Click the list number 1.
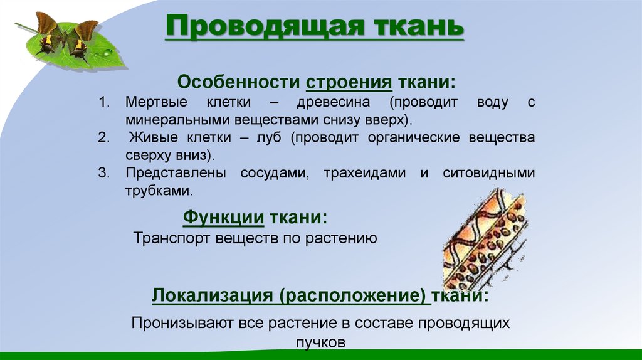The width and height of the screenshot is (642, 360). pyautogui.click(x=104, y=102)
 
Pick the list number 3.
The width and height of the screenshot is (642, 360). pyautogui.click(x=104, y=173)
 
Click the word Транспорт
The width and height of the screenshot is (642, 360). pyautogui.click(x=173, y=238)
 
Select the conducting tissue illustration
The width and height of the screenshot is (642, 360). pyautogui.click(x=485, y=240)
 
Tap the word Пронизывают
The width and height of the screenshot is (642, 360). pyautogui.click(x=182, y=324)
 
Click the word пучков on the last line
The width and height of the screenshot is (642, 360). pyautogui.click(x=320, y=342)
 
